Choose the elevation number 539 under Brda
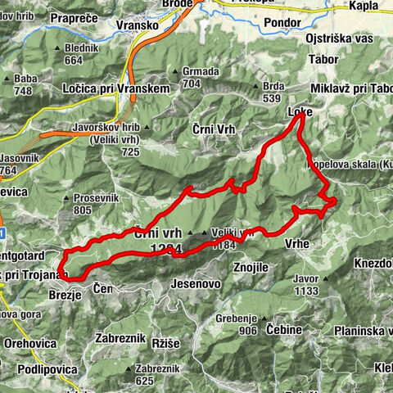pos(270,97)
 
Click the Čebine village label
pos(284,328)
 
